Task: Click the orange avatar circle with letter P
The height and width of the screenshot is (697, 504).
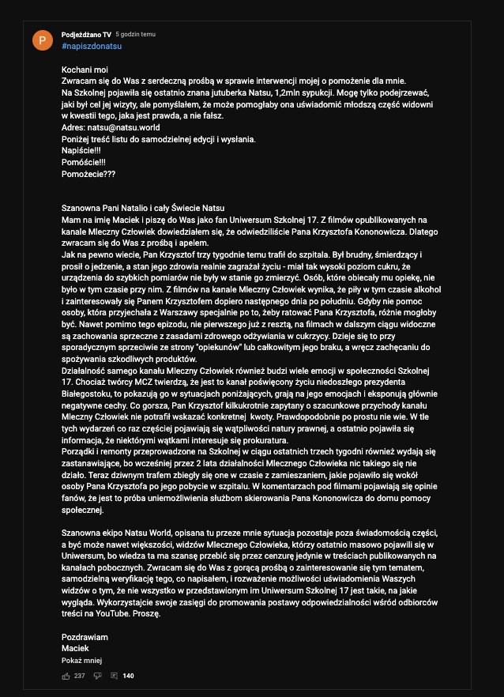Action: (43, 40)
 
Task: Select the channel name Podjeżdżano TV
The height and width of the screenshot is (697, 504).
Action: (86, 35)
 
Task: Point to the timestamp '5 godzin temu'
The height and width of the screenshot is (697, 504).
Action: (136, 35)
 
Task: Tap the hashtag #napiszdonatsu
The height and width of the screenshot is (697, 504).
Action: (91, 46)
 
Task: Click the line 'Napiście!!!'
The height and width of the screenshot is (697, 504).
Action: (81, 149)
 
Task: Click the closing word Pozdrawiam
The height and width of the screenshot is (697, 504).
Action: (85, 637)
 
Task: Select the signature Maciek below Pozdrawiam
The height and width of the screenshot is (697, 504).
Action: (75, 648)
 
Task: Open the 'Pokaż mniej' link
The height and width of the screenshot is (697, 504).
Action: (81, 660)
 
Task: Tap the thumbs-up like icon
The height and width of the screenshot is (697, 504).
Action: (66, 676)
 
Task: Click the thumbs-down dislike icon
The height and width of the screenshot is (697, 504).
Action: (98, 676)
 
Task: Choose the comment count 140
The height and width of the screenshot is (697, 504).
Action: (129, 676)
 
